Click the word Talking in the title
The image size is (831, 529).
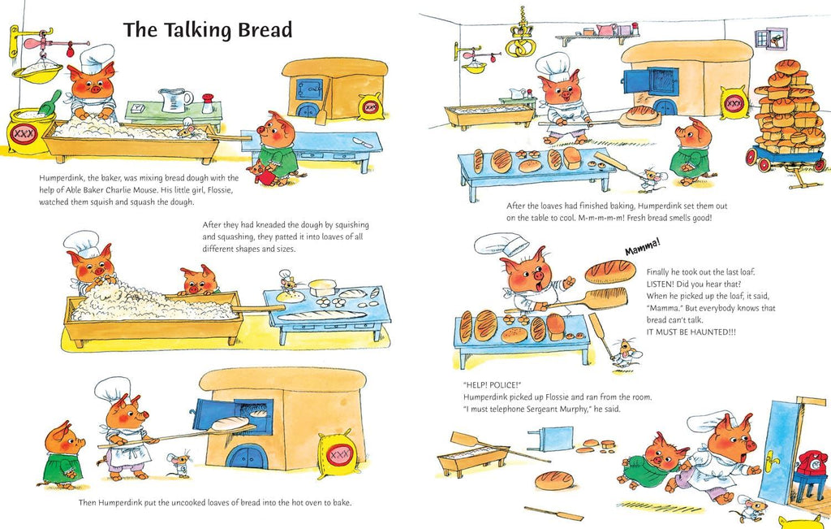(x=198, y=30)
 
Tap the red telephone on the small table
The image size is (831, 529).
(x=808, y=462)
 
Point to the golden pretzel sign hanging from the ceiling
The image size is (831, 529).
(x=520, y=40)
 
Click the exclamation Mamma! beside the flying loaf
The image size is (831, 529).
(x=643, y=247)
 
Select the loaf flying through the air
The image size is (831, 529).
(x=610, y=271)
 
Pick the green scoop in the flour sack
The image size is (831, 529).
(x=48, y=103)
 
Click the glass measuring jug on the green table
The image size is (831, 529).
(x=175, y=100)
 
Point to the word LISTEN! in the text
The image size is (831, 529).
(x=661, y=284)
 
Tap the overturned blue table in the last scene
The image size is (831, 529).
(x=551, y=438)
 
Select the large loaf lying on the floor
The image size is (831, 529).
(x=553, y=479)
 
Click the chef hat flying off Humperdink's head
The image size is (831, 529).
(x=501, y=244)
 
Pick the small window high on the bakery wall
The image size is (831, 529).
(x=770, y=39)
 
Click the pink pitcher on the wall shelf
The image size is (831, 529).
(x=606, y=29)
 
